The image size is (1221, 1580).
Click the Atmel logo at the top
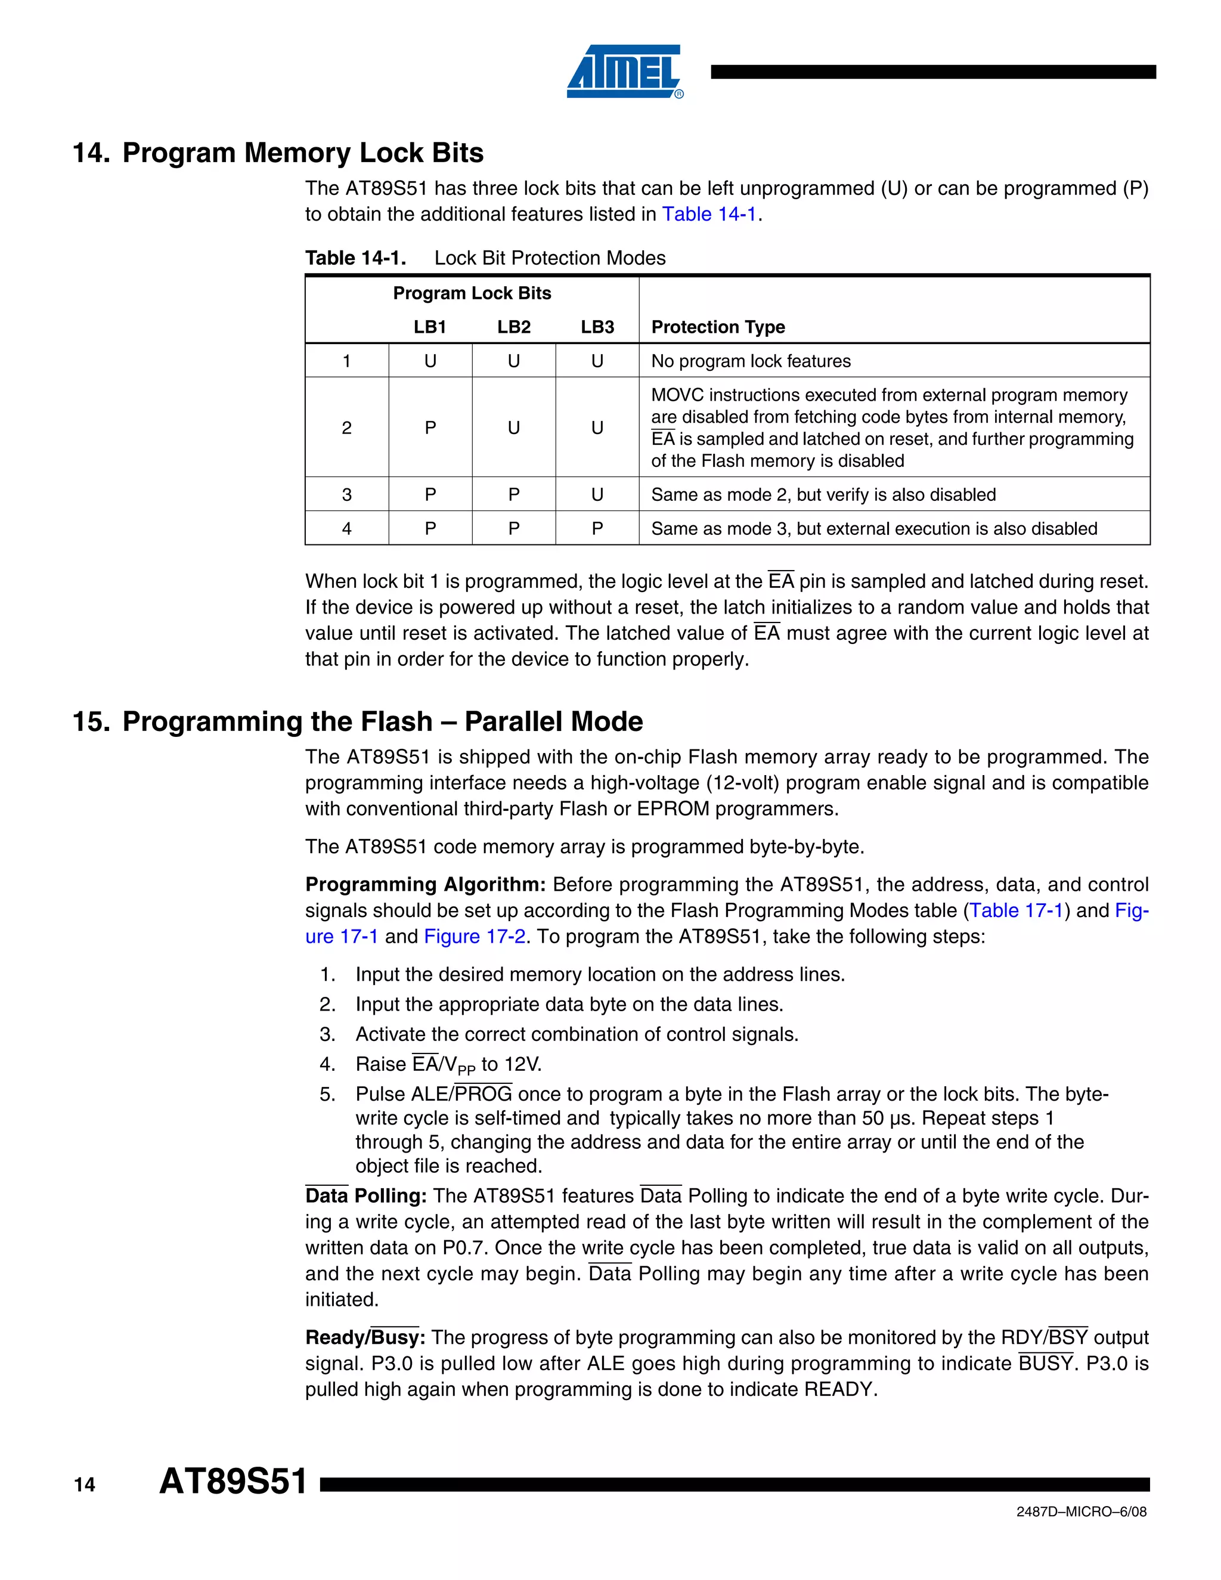tap(624, 71)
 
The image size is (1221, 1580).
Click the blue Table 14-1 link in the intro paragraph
tap(709, 214)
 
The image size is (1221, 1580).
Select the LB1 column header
tap(430, 327)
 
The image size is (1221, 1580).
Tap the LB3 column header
tap(597, 327)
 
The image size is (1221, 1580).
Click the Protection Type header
tap(718, 327)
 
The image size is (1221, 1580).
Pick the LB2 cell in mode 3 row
tap(513, 495)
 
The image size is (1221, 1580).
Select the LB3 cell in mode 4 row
tap(597, 529)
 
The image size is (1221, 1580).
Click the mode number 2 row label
tap(346, 427)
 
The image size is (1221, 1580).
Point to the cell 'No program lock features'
tap(751, 361)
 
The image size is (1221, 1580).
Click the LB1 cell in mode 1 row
tap(430, 361)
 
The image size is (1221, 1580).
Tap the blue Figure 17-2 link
tap(475, 936)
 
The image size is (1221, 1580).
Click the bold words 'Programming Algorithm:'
tap(425, 885)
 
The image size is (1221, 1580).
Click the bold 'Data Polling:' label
tap(365, 1196)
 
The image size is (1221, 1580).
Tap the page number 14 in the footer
tap(84, 1485)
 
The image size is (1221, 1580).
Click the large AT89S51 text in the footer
tap(233, 1482)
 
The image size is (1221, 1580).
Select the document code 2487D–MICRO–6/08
tap(1081, 1512)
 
